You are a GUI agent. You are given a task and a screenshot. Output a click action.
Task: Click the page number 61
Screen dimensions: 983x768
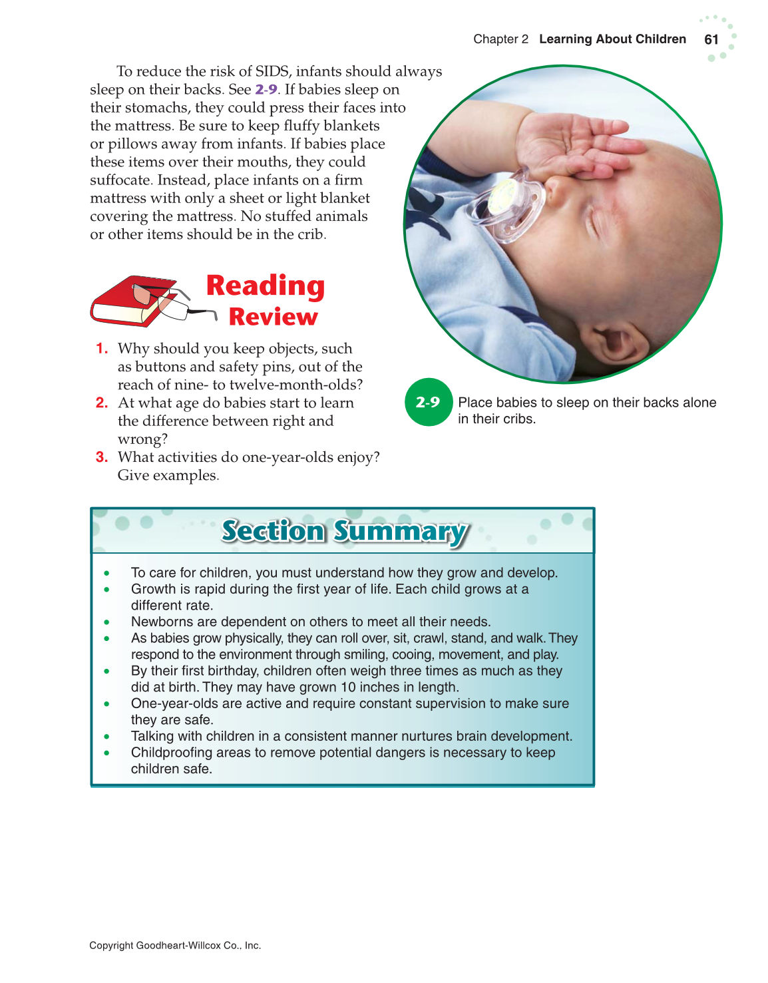point(711,39)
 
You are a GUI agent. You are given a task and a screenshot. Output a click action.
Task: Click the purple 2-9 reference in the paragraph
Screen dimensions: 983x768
point(266,89)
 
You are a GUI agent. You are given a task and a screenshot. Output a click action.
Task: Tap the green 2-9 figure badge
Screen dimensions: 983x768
point(428,402)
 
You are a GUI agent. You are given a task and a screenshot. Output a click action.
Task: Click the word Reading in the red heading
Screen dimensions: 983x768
point(265,286)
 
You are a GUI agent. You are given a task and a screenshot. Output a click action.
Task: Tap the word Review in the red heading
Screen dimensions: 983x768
point(273,317)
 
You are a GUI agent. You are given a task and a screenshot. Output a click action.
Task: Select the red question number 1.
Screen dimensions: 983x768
point(102,348)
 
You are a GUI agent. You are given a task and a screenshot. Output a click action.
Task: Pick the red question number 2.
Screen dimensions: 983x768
point(102,403)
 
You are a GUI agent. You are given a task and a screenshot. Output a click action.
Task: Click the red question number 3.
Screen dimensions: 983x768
point(102,457)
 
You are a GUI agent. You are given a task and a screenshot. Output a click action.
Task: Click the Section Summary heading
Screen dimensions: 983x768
point(344,531)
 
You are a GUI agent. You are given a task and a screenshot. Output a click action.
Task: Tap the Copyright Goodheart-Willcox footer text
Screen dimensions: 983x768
point(175,945)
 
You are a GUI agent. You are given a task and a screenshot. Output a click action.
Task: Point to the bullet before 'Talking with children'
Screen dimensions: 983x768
point(106,736)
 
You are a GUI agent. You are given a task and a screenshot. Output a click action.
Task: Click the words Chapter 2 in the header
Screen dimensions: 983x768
point(500,39)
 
